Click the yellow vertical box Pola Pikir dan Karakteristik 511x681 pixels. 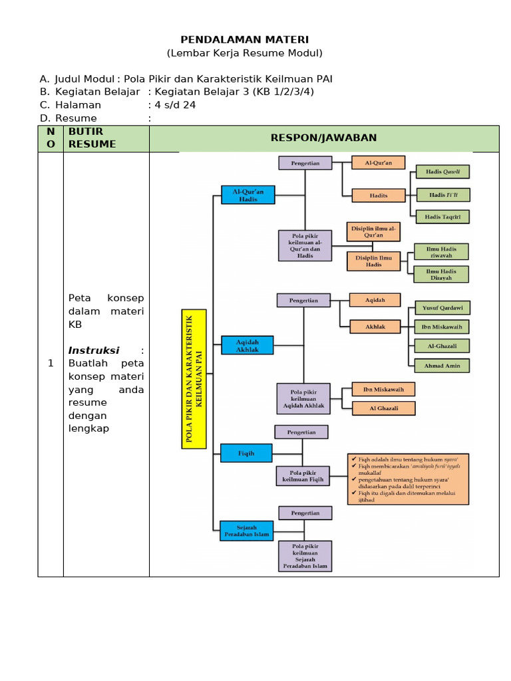(194, 379)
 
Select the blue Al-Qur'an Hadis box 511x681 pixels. (248, 194)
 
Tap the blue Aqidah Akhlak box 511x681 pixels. (247, 345)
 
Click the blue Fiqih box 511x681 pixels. (247, 453)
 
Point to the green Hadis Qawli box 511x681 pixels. (442, 172)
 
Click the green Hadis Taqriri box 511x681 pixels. (442, 217)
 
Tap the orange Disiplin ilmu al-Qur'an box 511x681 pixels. (373, 231)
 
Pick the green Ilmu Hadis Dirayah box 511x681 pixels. (441, 275)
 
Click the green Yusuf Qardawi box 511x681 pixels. (442, 308)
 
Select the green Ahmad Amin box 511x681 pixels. (442, 366)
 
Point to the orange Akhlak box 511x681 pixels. (375, 327)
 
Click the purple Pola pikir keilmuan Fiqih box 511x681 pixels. (303, 476)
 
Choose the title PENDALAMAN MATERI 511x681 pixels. (245, 40)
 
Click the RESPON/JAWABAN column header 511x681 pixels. (323, 138)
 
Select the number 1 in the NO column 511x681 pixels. (51, 363)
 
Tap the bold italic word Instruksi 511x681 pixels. (94, 350)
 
